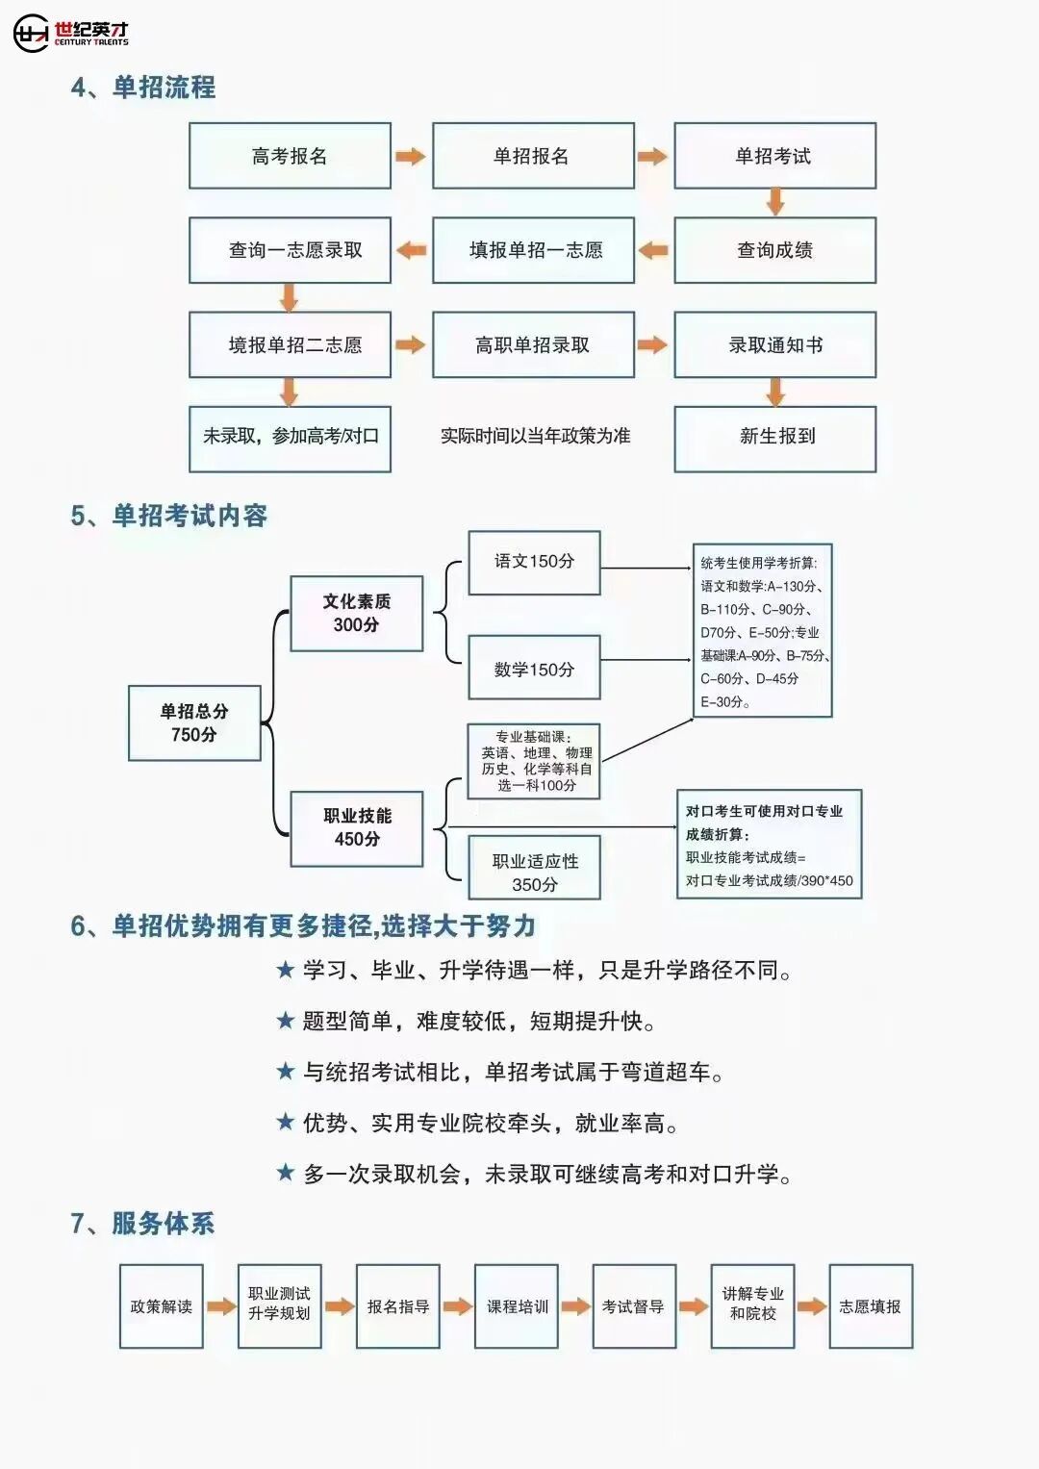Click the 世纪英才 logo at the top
coord(71,33)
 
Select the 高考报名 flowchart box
coord(290,156)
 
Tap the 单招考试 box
coord(774,156)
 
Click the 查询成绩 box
coord(774,250)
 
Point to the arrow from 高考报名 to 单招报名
coord(411,156)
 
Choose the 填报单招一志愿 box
coord(533,250)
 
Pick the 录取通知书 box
coord(774,344)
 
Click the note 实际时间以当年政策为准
coord(535,436)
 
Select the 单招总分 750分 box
coord(194,722)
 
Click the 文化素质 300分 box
coord(356,614)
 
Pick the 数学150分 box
coord(534,668)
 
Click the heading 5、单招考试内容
coord(168,516)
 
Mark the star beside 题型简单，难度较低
coord(285,1021)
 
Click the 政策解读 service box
coord(161,1306)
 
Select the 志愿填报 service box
coord(870,1306)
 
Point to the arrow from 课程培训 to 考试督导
coord(575,1306)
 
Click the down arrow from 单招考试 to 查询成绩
coord(775,202)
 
